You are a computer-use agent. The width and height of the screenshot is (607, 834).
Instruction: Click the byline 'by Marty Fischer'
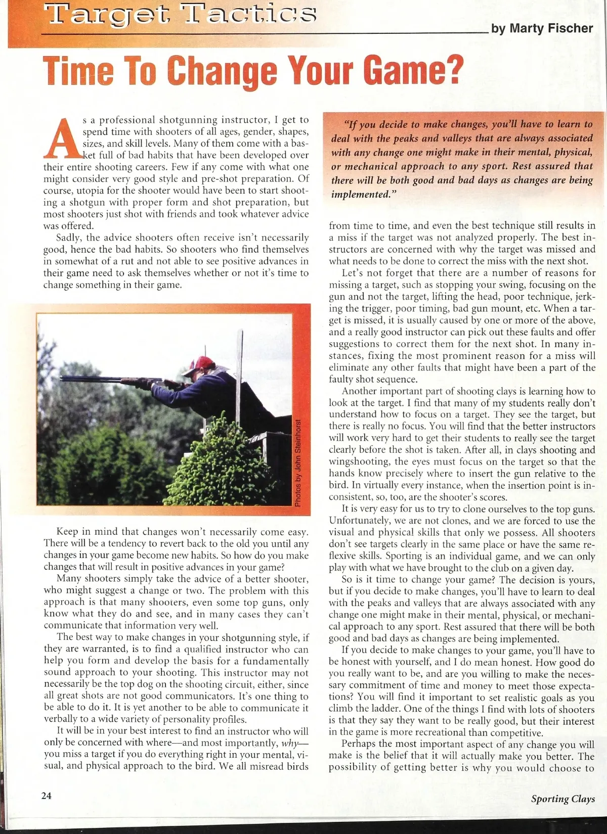[x=542, y=28]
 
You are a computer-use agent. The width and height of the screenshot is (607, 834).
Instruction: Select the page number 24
[x=47, y=796]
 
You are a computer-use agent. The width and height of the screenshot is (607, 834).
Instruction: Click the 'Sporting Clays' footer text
[x=562, y=799]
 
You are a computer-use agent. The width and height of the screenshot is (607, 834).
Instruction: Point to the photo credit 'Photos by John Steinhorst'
[x=298, y=462]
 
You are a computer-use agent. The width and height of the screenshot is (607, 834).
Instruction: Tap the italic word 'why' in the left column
[x=291, y=743]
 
